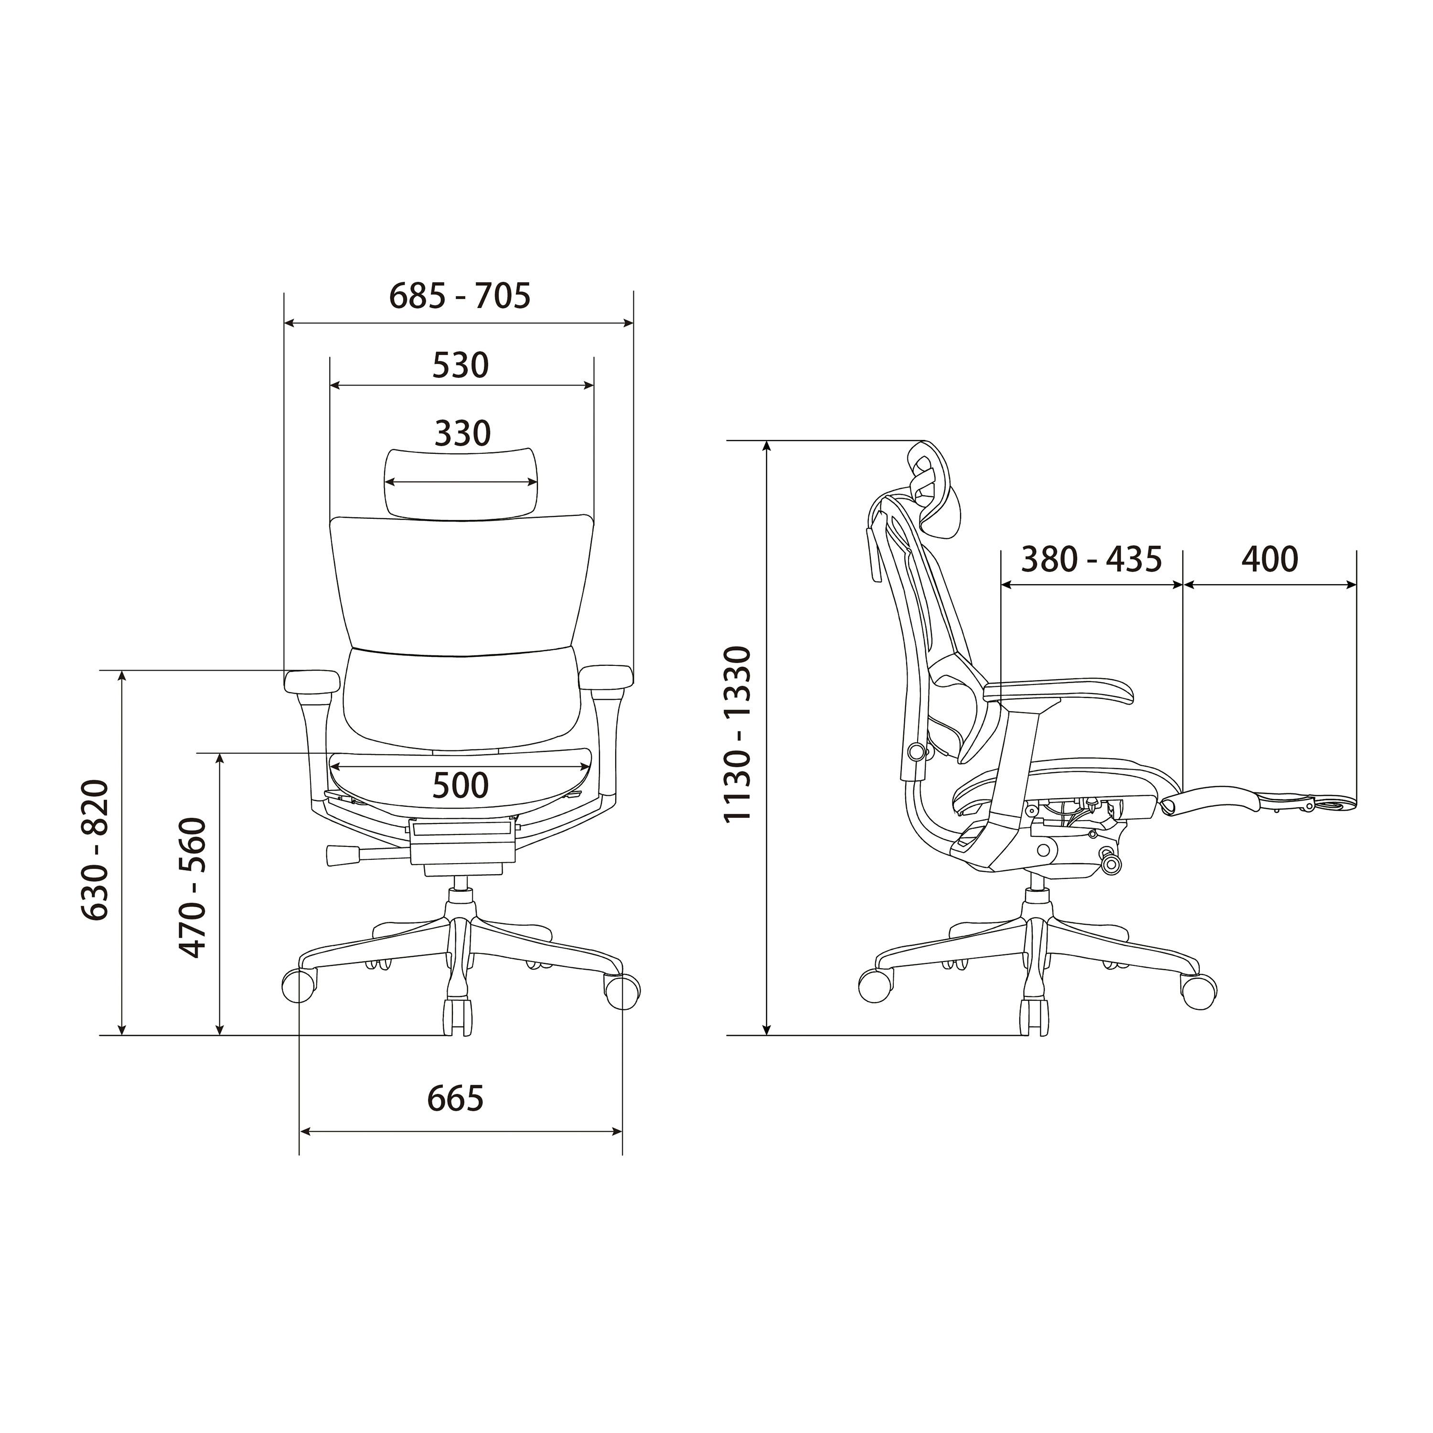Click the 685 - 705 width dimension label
pyautogui.click(x=460, y=296)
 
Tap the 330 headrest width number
pyautogui.click(x=462, y=433)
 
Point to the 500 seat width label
pyautogui.click(x=460, y=785)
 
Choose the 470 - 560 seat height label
pyautogui.click(x=192, y=888)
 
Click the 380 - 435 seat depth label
pyautogui.click(x=1091, y=559)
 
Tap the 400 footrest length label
pyautogui.click(x=1270, y=559)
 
